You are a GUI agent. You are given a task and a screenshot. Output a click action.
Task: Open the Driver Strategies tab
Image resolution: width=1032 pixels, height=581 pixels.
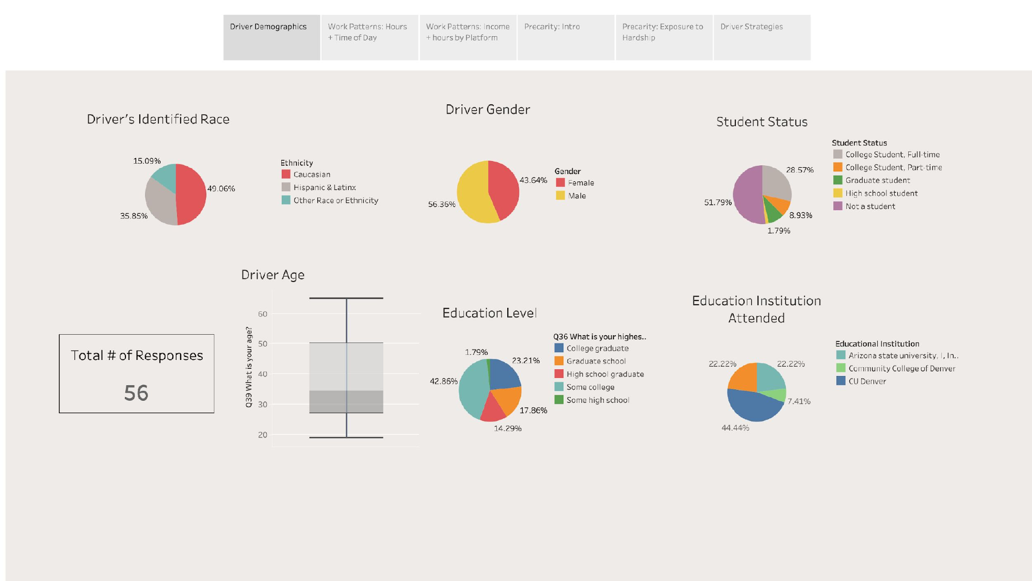[762, 37]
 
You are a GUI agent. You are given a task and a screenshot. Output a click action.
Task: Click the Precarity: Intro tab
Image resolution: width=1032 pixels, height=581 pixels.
[566, 37]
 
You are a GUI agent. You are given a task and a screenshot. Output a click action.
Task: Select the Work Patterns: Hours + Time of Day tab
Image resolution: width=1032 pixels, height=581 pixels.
[369, 37]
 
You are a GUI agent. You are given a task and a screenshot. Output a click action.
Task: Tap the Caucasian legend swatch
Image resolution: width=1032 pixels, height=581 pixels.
[286, 175]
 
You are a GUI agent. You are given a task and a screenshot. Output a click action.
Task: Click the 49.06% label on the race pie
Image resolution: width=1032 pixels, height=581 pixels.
[221, 189]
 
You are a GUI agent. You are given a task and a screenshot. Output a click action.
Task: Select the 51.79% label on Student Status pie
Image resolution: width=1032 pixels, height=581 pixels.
[718, 202]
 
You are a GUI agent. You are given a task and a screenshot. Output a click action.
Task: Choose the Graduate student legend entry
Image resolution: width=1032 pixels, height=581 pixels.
[877, 180]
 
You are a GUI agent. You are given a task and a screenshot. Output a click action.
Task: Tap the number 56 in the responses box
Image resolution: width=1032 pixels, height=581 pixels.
[136, 393]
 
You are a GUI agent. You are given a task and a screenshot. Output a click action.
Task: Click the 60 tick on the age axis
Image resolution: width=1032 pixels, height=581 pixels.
[263, 314]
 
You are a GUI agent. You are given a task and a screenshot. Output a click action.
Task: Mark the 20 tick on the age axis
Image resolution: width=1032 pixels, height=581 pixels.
[263, 435]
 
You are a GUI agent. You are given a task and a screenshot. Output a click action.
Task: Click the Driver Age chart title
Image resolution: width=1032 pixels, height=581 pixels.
[273, 275]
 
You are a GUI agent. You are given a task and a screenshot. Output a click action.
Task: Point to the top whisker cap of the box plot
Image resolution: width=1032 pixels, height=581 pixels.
[346, 299]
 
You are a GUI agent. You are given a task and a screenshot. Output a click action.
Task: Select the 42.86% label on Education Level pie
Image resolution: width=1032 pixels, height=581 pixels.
[444, 381]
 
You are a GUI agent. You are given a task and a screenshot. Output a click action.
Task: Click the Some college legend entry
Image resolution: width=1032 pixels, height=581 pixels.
[590, 387]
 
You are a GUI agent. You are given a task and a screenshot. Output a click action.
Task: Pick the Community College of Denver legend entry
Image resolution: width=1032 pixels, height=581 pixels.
[901, 369]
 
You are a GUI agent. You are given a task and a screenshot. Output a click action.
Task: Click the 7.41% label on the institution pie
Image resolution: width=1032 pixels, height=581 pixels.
[799, 401]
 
